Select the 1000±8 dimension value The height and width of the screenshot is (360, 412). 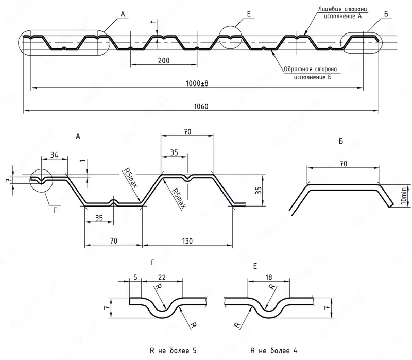coord(197,83)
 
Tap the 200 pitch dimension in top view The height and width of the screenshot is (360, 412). coord(163,60)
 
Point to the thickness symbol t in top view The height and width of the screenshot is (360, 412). coord(152,22)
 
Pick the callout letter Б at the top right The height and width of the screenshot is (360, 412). coord(386,15)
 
